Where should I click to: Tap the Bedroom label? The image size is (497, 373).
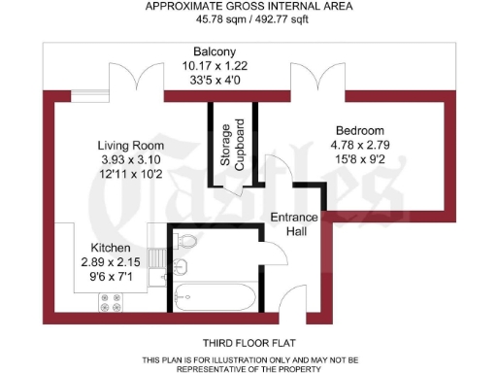(x=360, y=131)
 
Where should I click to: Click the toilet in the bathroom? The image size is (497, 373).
(x=188, y=241)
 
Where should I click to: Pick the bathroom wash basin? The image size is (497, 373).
(x=181, y=268)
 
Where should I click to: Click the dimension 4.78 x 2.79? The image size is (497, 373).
(x=360, y=146)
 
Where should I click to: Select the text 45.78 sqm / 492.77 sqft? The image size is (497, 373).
(x=248, y=18)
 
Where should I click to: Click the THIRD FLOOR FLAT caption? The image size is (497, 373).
(x=248, y=344)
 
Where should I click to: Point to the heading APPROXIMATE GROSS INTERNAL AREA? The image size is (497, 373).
(x=248, y=6)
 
